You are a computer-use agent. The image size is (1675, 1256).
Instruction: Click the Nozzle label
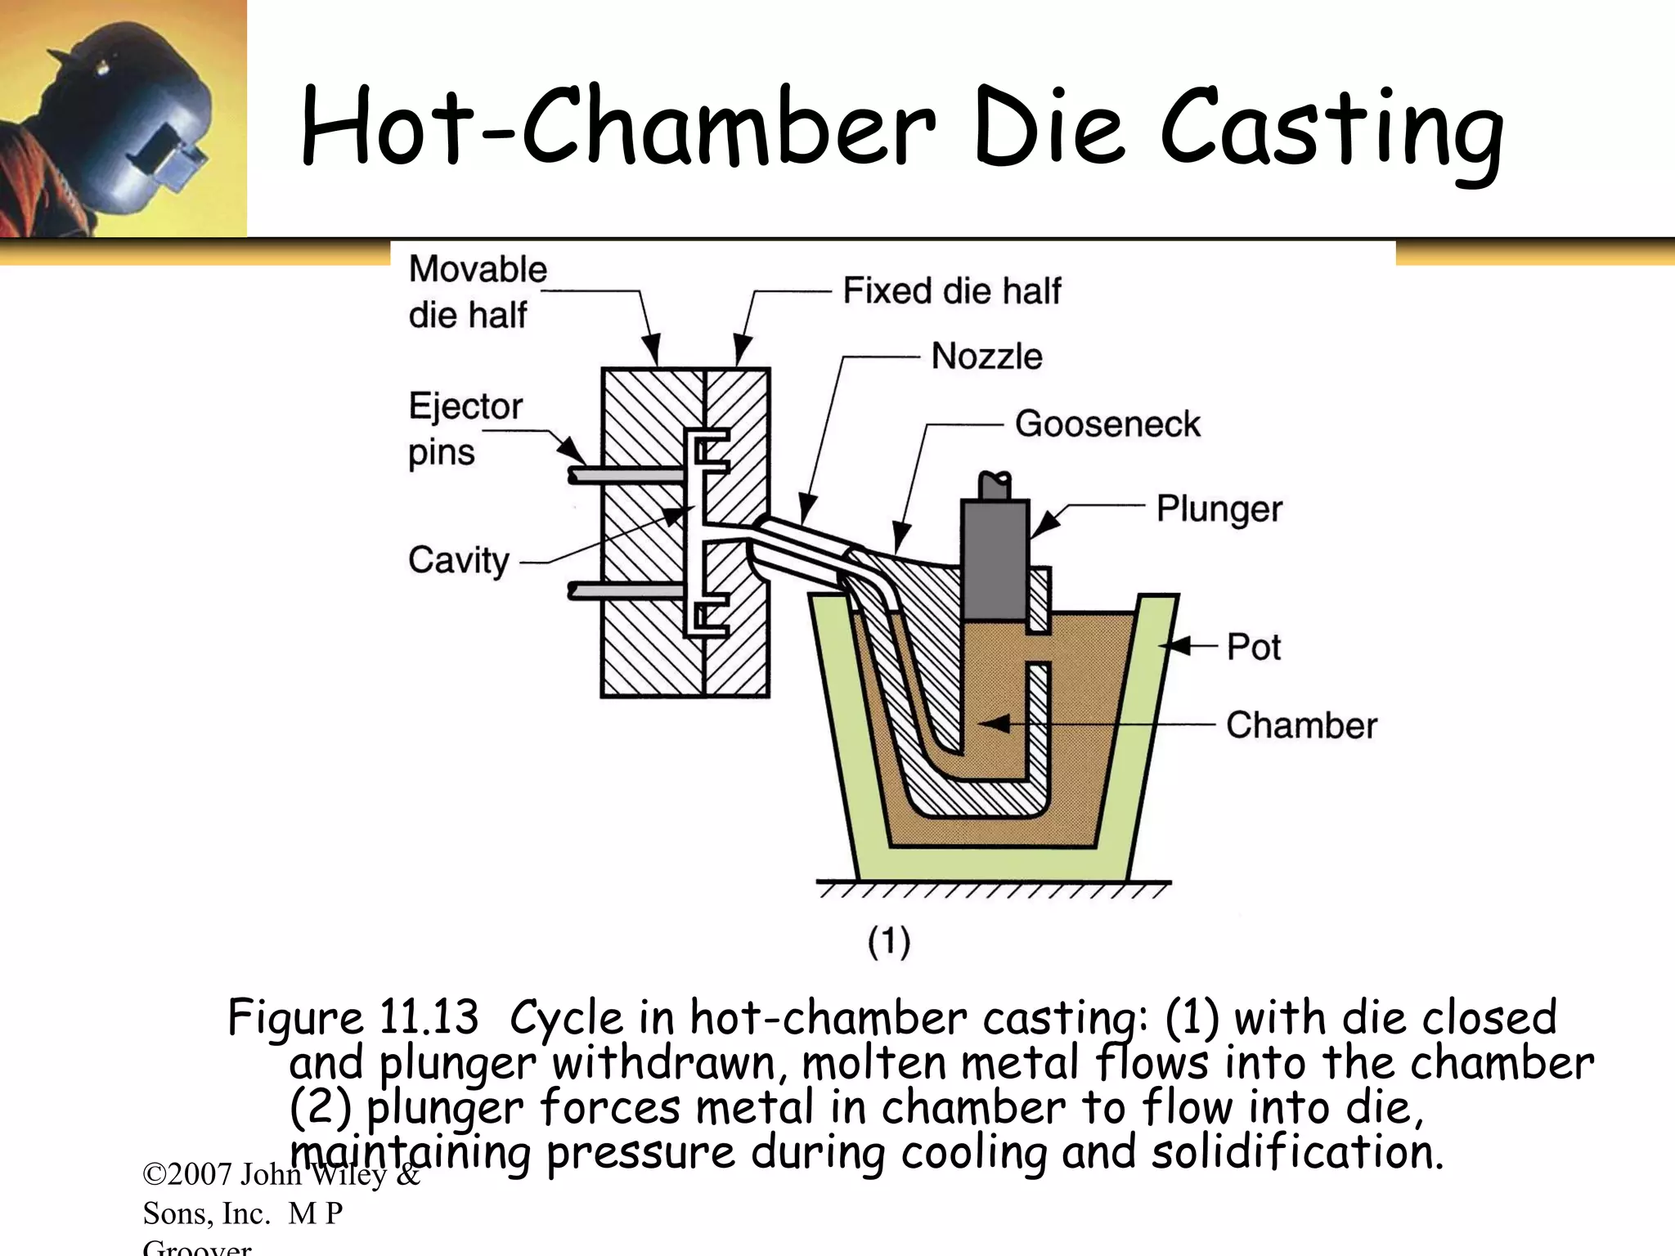(x=986, y=357)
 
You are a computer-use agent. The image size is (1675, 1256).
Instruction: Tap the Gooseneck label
(x=1107, y=424)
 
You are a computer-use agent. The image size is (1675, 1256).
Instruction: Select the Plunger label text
(x=1219, y=509)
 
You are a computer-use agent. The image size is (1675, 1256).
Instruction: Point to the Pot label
(x=1253, y=647)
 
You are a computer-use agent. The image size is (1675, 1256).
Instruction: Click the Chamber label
(x=1300, y=725)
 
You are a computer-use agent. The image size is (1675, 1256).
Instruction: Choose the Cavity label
(x=458, y=561)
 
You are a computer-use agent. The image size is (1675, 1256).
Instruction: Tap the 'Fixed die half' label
(x=951, y=291)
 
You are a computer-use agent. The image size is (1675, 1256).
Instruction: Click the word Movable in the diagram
(x=478, y=269)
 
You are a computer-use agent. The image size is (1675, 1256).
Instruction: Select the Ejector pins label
(x=465, y=429)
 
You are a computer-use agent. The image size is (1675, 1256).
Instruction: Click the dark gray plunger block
(x=995, y=558)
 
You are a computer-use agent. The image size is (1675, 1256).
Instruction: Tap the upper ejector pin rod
(x=626, y=475)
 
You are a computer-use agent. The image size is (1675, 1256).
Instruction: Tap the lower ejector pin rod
(x=626, y=590)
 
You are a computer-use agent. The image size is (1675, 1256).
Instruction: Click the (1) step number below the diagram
(x=889, y=941)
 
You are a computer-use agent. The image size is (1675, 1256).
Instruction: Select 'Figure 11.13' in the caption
(x=352, y=1019)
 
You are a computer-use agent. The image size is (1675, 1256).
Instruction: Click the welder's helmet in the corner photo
(x=131, y=106)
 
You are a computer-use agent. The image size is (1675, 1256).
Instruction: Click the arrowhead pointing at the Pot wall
(x=1172, y=646)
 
